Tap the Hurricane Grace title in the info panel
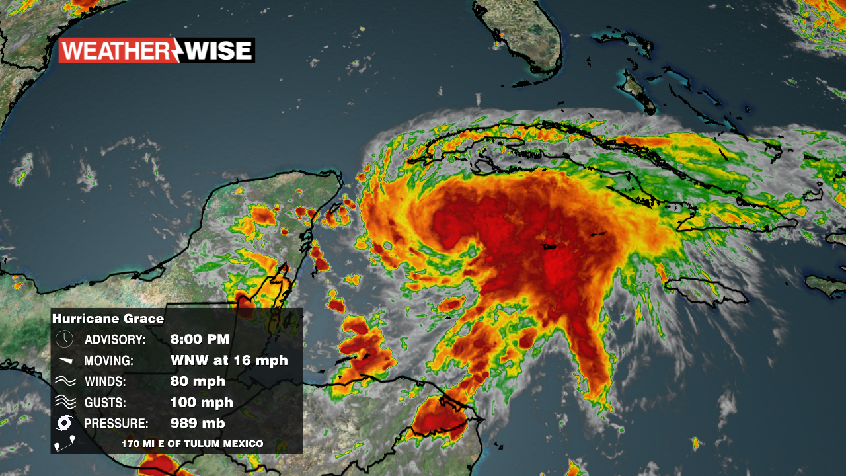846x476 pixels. pos(108,319)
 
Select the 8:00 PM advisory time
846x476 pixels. pos(200,340)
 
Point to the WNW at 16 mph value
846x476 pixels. pos(229,360)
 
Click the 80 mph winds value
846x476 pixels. pos(198,381)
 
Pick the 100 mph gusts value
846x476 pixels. pos(202,403)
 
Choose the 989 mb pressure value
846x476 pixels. pos(198,424)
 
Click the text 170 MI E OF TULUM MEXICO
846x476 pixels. pos(192,444)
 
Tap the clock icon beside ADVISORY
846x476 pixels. pos(64,339)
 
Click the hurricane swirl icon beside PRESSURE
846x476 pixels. pos(64,424)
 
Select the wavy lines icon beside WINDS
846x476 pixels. pos(64,381)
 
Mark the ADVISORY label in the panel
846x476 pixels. pos(115,340)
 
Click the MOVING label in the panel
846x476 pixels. pos(109,361)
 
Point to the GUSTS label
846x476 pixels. pos(105,403)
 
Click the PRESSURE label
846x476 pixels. pos(116,424)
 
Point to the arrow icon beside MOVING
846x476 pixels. pos(64,360)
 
